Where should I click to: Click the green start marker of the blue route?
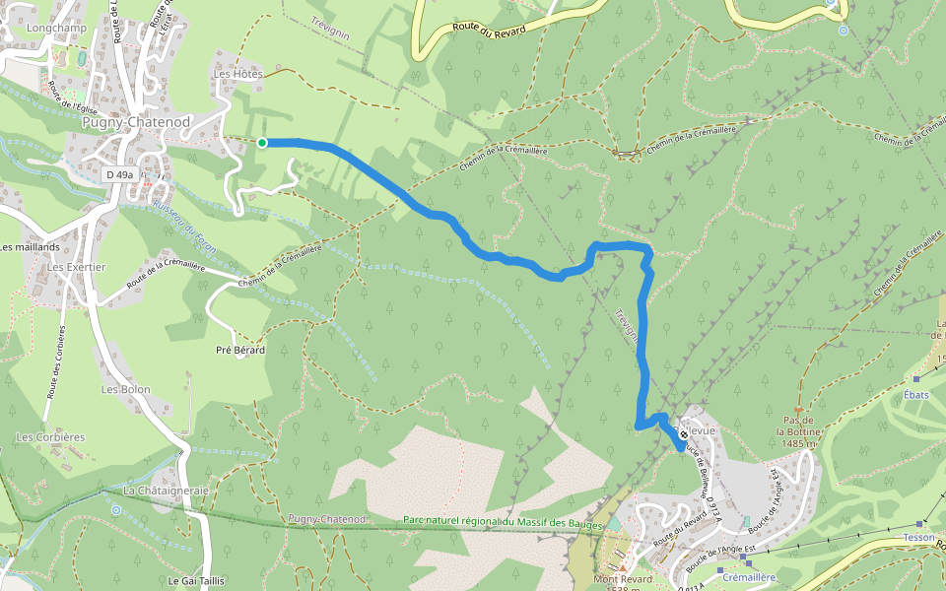point(262,143)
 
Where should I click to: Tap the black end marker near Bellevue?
point(683,434)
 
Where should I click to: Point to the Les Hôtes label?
point(237,74)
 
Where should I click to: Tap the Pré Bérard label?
point(240,350)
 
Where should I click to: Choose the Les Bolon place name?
point(125,389)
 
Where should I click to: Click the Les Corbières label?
point(50,436)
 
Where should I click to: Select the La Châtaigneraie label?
point(166,490)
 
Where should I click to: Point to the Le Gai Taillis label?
point(196,581)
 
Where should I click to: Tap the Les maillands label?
point(30,247)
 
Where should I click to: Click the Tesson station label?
point(918,538)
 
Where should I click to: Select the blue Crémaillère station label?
point(750,577)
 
